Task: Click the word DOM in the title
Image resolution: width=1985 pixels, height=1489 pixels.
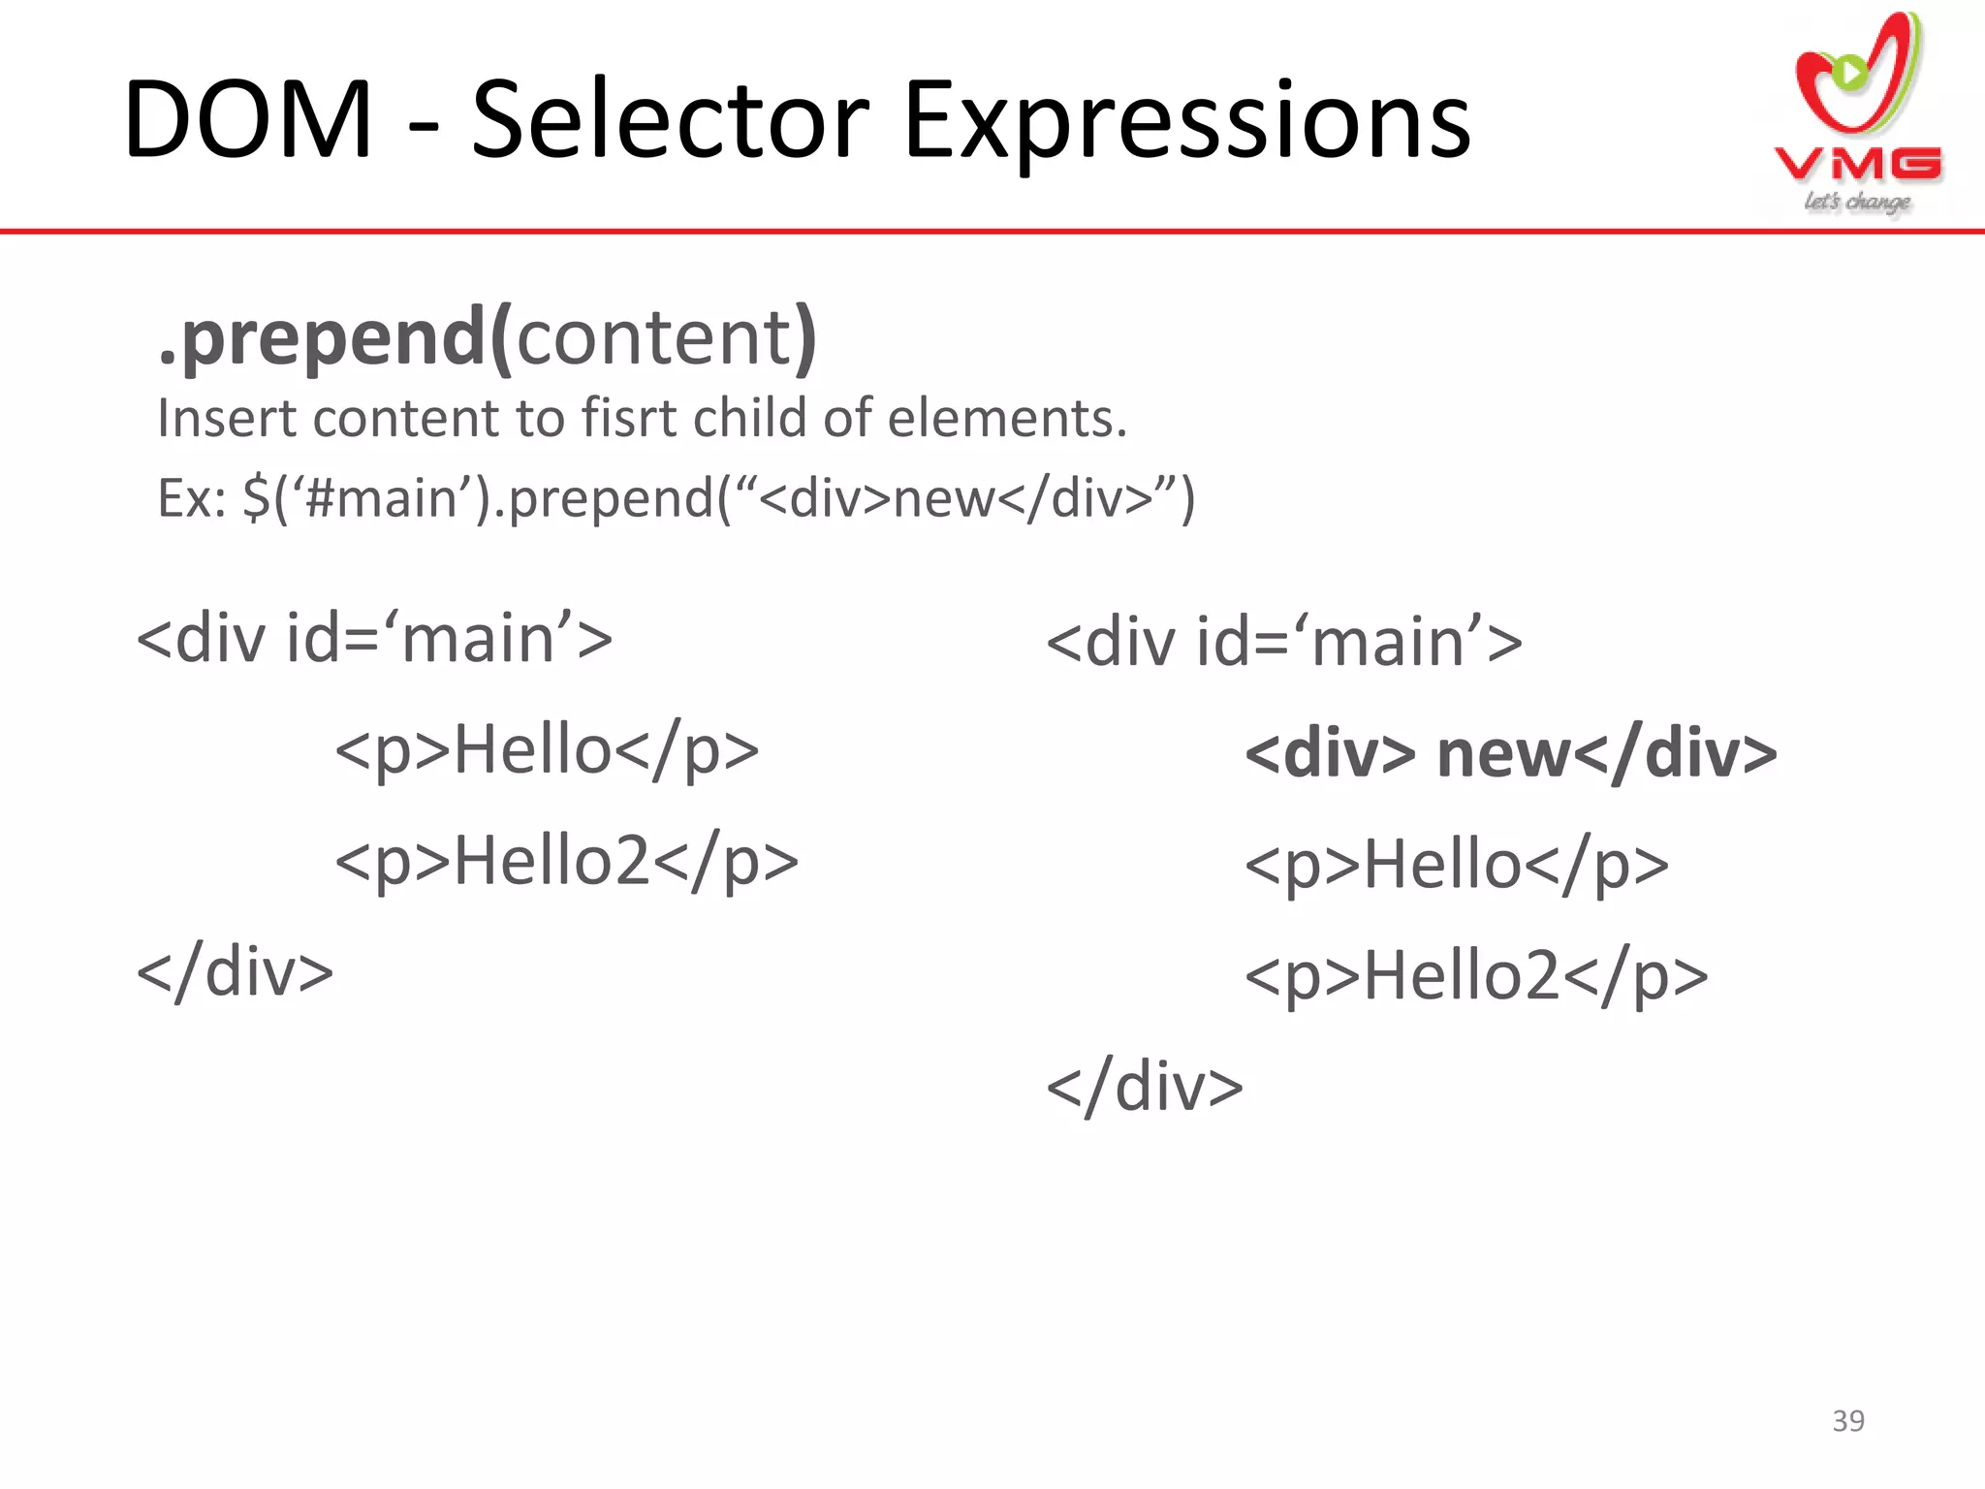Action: pyautogui.click(x=248, y=121)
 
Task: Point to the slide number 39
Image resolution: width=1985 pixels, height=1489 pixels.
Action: pyautogui.click(x=1848, y=1420)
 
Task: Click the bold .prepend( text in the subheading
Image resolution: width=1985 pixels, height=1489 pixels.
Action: pyautogui.click(x=334, y=337)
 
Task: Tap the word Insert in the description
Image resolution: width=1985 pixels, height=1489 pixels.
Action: pyautogui.click(x=226, y=419)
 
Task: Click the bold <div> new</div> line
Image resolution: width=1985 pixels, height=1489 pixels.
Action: pyautogui.click(x=1510, y=754)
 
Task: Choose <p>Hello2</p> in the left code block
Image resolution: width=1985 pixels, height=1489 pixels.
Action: pyautogui.click(x=566, y=862)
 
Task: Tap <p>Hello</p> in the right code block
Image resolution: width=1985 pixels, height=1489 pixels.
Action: pyautogui.click(x=1456, y=866)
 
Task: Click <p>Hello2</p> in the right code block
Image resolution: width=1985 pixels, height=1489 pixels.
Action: pyautogui.click(x=1475, y=977)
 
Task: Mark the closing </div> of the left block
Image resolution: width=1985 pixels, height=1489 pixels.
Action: pyautogui.click(x=235, y=972)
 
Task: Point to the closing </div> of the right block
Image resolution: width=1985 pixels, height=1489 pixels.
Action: pyautogui.click(x=1144, y=1088)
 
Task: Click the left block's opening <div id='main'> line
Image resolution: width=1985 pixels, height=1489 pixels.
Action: pyautogui.click(x=374, y=640)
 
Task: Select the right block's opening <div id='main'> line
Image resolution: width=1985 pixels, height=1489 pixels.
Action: pyautogui.click(x=1283, y=643)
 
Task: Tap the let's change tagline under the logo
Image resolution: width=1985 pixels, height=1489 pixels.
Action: pyautogui.click(x=1856, y=202)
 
